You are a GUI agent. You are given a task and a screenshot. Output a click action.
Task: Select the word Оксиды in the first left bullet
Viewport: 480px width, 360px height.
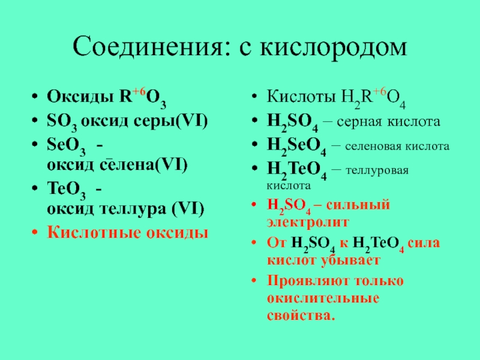tap(80, 97)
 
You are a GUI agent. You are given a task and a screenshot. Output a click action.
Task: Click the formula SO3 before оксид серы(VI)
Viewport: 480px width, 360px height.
tap(62, 122)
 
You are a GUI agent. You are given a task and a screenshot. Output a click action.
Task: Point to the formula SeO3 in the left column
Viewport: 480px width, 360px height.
tap(66, 146)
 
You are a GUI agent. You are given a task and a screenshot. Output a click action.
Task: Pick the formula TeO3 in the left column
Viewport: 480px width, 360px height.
tap(66, 190)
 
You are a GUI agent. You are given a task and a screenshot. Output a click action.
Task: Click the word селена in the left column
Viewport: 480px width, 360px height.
tap(127, 166)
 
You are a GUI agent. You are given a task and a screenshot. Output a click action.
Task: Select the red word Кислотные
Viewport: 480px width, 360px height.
tap(94, 232)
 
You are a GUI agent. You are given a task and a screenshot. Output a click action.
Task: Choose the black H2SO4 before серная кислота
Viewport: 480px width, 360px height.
tap(292, 122)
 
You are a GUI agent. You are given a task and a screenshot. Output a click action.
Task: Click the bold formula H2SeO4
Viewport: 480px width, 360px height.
tap(296, 146)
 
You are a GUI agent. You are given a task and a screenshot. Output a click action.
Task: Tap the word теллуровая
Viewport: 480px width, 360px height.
tap(377, 170)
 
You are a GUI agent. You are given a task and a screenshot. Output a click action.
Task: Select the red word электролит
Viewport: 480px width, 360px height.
tap(308, 222)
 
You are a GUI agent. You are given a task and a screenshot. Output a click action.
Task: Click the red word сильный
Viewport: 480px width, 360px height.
tap(358, 205)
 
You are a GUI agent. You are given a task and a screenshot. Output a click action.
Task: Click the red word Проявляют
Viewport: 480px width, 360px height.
tap(308, 281)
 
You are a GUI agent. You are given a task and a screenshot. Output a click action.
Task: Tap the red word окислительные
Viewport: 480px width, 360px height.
tap(323, 298)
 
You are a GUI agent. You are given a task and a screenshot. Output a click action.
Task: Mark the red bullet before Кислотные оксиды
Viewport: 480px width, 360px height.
tap(35, 233)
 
